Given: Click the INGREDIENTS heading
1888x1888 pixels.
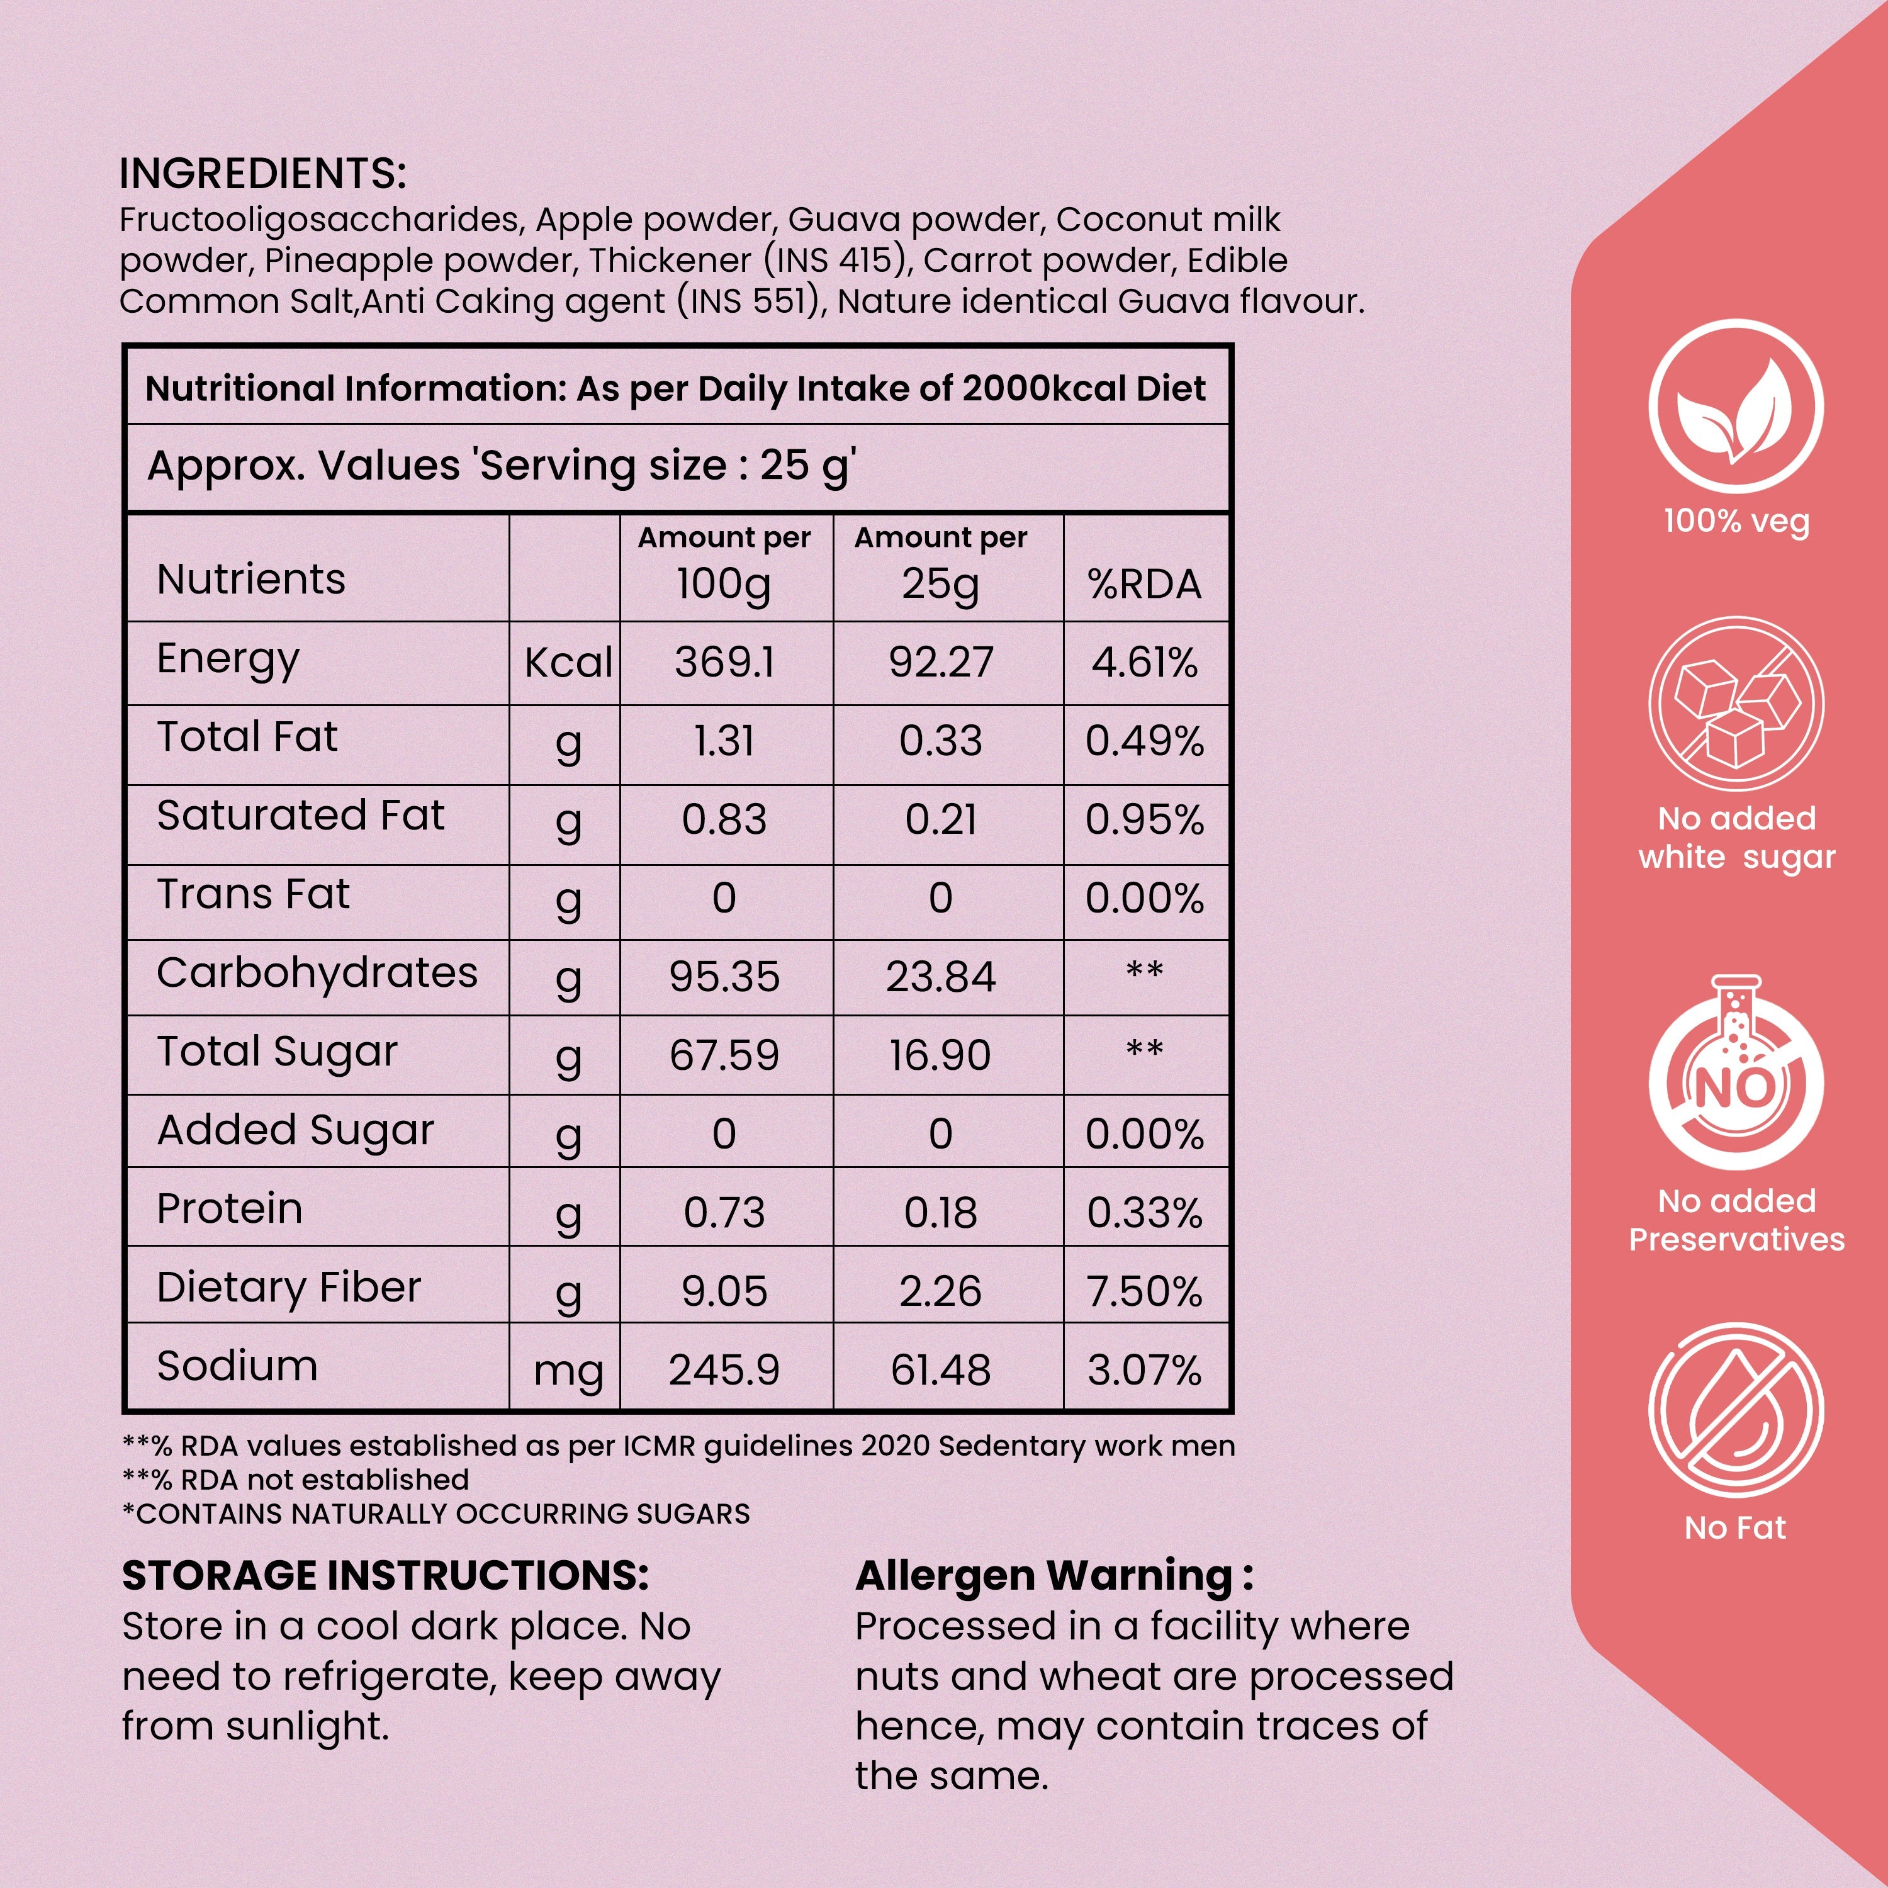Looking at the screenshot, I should [262, 174].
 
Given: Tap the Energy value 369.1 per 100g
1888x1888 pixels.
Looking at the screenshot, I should [724, 663].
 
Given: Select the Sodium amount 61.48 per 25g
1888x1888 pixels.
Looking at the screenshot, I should [940, 1370].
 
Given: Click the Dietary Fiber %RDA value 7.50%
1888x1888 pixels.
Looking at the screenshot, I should [1144, 1292].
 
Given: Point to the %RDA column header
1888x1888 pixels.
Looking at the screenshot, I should [1144, 585].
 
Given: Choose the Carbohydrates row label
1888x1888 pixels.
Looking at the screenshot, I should [317, 974].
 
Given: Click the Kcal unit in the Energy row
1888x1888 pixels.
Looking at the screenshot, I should [568, 663].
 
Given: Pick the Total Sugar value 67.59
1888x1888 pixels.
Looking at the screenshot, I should [724, 1055].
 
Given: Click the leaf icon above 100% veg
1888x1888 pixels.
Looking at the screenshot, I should [1736, 408].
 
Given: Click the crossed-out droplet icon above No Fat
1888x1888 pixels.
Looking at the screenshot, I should [1736, 1412].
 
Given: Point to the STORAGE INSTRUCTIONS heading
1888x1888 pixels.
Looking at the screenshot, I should [385, 1575].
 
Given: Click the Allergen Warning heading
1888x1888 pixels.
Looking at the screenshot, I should [1054, 1575].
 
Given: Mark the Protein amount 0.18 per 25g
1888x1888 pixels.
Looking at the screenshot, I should [940, 1213].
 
